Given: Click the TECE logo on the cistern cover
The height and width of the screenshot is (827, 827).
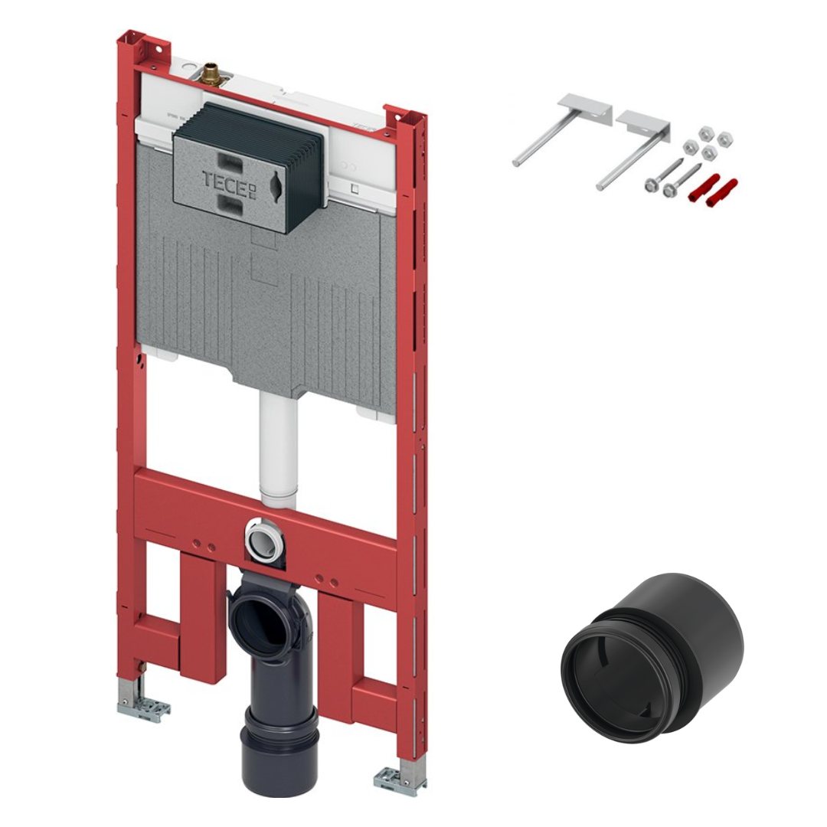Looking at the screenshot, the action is click(x=229, y=183).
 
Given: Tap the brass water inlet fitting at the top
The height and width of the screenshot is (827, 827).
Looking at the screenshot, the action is click(x=211, y=75).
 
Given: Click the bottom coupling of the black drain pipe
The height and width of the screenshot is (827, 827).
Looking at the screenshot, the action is click(x=279, y=750).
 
